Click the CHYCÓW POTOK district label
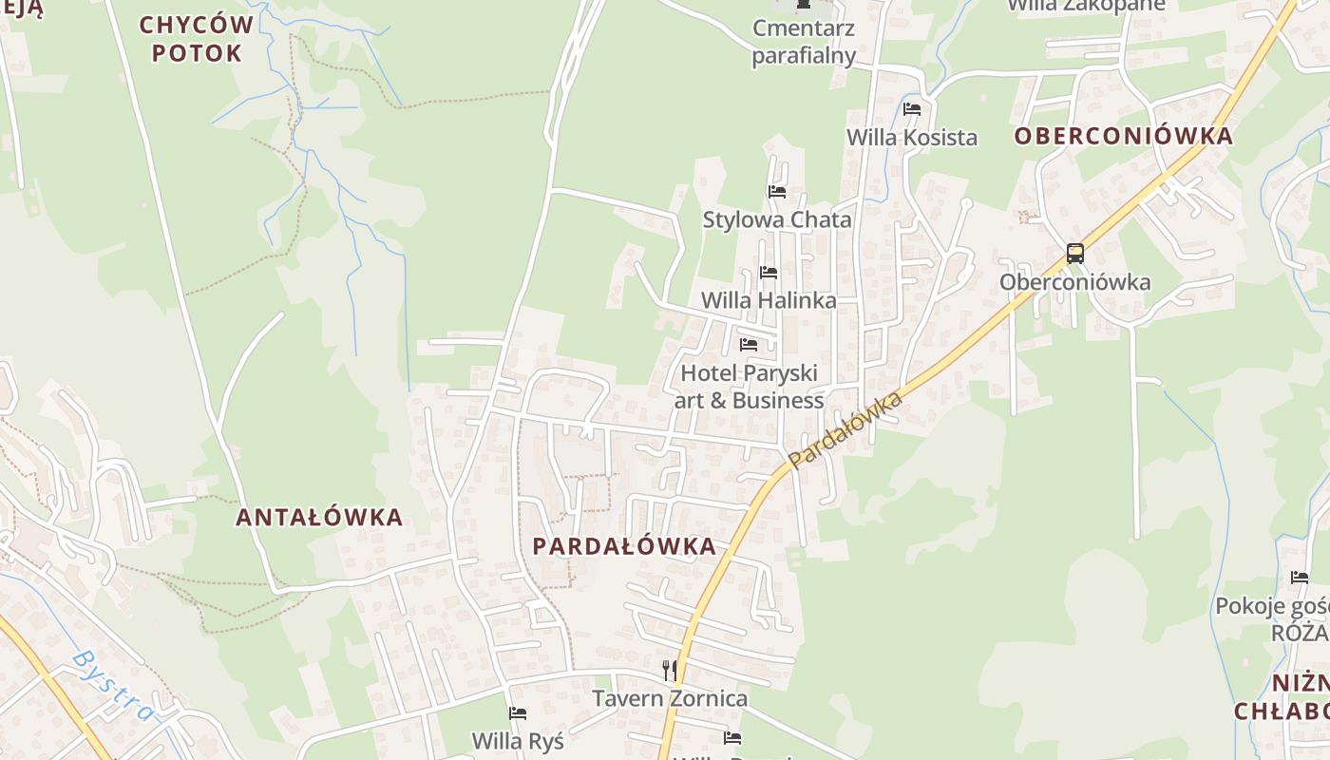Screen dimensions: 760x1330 (197, 39)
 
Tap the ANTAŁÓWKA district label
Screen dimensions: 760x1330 (319, 518)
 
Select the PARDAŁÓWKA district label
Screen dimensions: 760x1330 (624, 546)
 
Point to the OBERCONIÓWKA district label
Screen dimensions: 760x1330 (1123, 136)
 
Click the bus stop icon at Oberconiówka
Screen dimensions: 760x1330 (1074, 254)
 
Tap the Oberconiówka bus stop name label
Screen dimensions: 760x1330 (1074, 282)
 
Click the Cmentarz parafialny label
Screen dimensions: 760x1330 (804, 42)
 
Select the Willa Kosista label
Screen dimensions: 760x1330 (911, 138)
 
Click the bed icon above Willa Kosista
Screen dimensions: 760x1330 (912, 109)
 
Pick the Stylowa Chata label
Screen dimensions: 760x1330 (777, 219)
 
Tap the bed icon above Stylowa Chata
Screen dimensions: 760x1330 (777, 192)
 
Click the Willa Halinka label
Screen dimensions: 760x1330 (769, 300)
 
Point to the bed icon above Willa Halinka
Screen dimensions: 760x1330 (769, 273)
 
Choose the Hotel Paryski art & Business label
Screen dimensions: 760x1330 (749, 387)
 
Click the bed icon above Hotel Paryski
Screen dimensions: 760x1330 (749, 345)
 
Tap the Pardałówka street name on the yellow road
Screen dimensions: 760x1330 (844, 430)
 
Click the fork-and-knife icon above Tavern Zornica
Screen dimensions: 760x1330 (670, 671)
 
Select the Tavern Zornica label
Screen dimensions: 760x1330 (670, 699)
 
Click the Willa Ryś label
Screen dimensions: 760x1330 (518, 740)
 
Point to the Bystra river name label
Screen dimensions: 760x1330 (112, 686)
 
